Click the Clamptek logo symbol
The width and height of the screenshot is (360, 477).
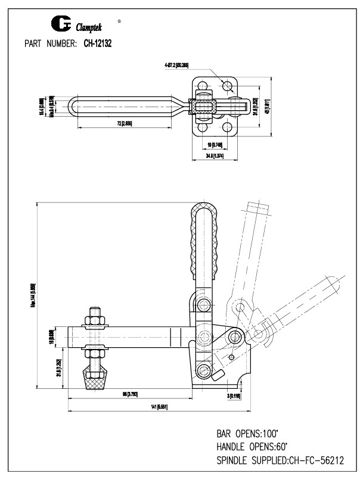coord(61,24)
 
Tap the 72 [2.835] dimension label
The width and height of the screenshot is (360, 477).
coord(125,123)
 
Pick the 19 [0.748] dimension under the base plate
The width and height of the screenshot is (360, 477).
coord(214,145)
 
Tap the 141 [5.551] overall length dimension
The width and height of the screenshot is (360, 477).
coord(160,406)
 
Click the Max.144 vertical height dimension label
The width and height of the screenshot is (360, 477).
coord(35,295)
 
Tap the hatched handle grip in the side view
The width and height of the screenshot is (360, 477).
coord(203,241)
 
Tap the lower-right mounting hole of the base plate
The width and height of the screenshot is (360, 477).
coord(228,127)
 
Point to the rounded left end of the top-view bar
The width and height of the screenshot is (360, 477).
coord(73,107)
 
